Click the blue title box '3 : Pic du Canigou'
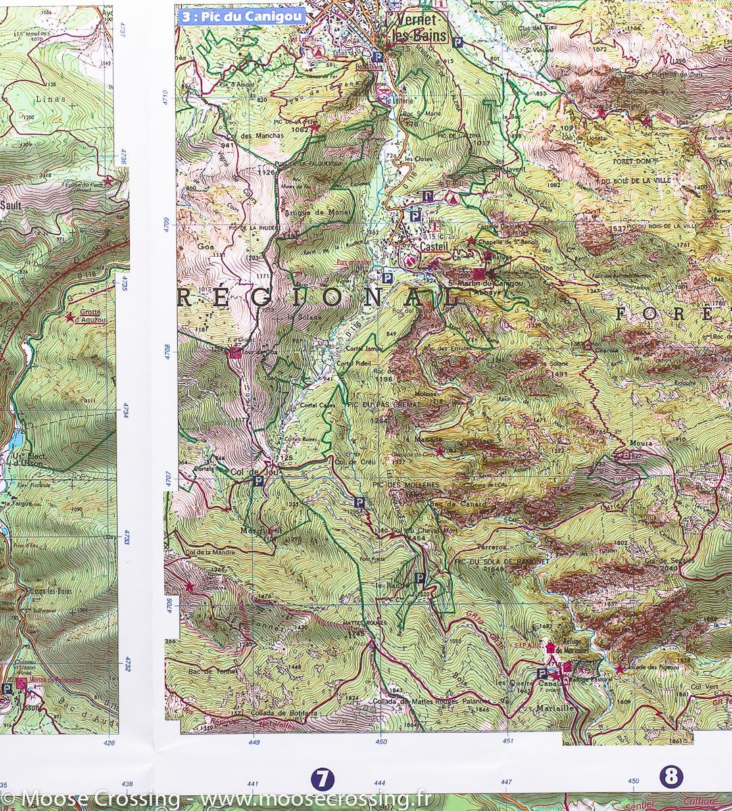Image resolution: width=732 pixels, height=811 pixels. click(241, 17)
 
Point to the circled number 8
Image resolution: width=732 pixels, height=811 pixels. click(671, 777)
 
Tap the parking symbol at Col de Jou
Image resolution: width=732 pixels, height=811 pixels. click(257, 482)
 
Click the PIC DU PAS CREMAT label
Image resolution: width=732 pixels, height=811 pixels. click(383, 404)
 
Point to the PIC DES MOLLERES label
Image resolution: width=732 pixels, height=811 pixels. click(405, 485)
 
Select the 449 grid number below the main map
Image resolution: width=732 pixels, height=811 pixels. click(254, 741)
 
